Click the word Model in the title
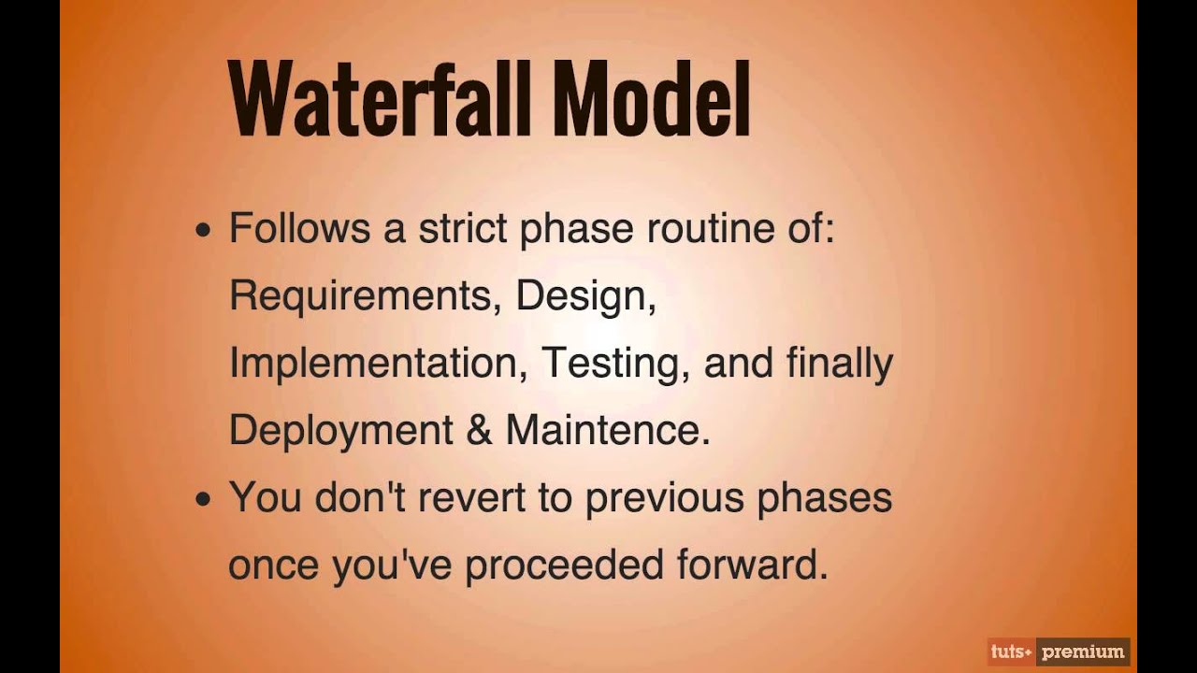point(652,99)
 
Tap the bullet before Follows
point(204,231)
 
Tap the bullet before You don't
point(204,500)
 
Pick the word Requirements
point(360,297)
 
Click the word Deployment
point(340,431)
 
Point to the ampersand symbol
point(479,431)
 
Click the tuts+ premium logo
point(1059,652)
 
